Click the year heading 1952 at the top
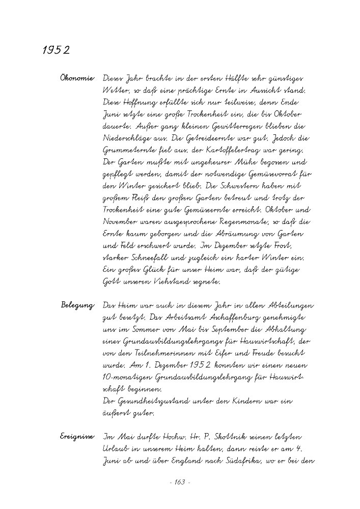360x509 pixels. [56, 51]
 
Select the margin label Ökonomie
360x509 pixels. [77, 79]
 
